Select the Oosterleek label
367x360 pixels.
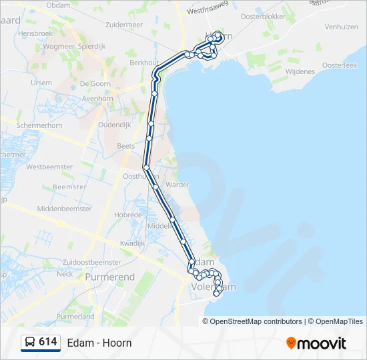tap(340, 65)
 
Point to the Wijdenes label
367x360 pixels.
tap(300, 71)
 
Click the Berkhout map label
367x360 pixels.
tap(143, 62)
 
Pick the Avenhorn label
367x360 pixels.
tap(97, 98)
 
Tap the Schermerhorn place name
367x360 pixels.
tap(39, 125)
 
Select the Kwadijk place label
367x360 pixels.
tap(132, 243)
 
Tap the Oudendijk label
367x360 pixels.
tap(114, 125)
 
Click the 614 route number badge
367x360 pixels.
tap(48, 342)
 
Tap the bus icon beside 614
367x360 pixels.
tap(31, 343)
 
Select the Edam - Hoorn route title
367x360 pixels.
tap(99, 343)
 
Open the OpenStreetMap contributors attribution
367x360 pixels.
tap(256, 321)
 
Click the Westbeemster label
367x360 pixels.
tap(48, 167)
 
